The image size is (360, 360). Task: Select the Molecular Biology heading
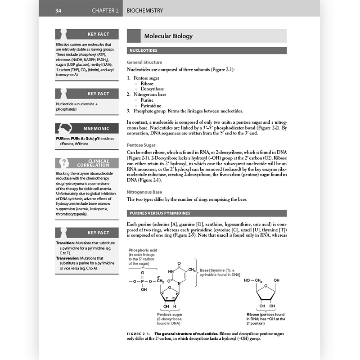(x=168, y=36)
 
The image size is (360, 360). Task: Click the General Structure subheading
(x=144, y=62)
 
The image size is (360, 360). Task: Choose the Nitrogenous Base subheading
(x=145, y=192)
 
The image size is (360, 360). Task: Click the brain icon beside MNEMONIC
(x=63, y=128)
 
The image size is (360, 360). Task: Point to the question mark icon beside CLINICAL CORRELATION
(x=63, y=163)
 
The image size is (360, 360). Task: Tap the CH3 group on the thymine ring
(x=192, y=270)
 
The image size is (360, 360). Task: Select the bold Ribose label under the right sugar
(x=253, y=314)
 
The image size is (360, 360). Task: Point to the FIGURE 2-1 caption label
(x=139, y=333)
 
